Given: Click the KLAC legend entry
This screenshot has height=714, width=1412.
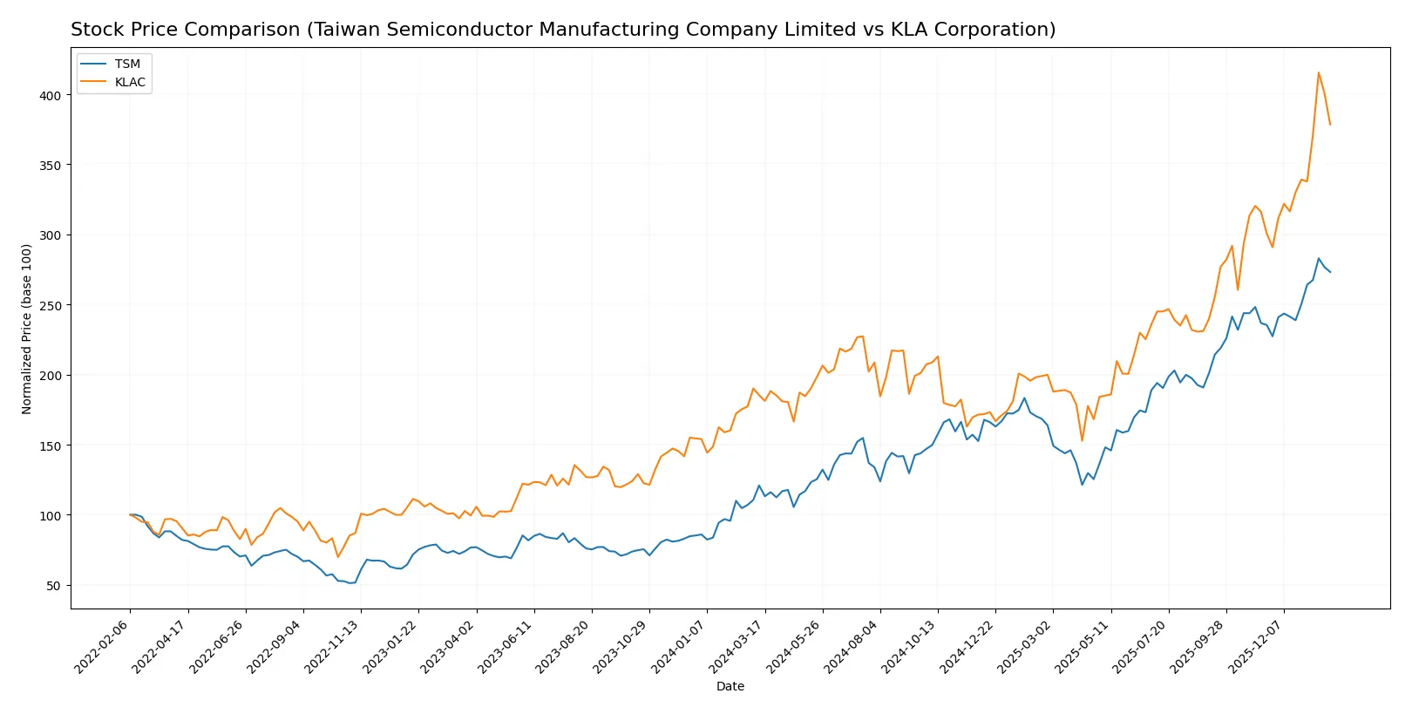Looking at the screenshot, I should click(x=130, y=83).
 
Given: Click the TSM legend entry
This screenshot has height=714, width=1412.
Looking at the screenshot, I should click(x=127, y=65).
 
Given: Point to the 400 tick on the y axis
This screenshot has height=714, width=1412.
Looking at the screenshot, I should click(x=51, y=96).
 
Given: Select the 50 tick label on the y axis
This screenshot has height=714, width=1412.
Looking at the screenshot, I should click(x=54, y=586).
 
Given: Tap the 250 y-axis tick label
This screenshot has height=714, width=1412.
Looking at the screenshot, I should click(x=51, y=306).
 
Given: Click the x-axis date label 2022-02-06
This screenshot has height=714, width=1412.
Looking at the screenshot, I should click(x=103, y=646).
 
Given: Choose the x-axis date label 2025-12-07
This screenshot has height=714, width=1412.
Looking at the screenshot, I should click(x=1257, y=646).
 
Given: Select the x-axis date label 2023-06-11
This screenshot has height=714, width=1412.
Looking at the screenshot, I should click(x=506, y=646).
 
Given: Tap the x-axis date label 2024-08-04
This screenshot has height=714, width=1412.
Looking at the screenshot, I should click(x=852, y=646).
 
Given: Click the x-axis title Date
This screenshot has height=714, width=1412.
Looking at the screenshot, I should click(x=730, y=687).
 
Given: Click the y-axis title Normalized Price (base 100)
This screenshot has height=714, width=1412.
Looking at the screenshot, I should click(x=27, y=329).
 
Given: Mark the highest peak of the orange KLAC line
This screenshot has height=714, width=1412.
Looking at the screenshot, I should click(x=1319, y=72).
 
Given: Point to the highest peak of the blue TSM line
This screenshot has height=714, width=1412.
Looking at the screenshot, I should click(x=1319, y=258).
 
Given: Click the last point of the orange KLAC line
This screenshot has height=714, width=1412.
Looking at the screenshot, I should click(x=1330, y=125).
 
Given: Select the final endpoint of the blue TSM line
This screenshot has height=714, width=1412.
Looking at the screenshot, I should click(x=1330, y=272).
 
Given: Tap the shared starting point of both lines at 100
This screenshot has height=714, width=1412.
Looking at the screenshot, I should click(x=130, y=515).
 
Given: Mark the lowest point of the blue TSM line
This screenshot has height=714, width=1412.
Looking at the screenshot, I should click(x=350, y=582).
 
